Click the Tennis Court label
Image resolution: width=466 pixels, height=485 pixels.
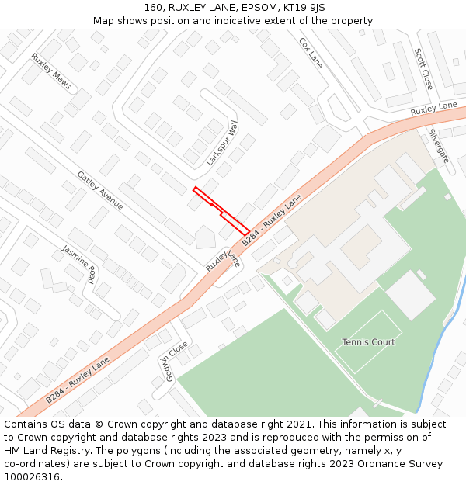tap(368, 342)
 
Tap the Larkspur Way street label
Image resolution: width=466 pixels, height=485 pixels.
tap(223, 142)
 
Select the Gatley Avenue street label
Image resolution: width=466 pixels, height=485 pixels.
tap(100, 190)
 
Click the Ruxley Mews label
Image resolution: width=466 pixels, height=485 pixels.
tap(51, 71)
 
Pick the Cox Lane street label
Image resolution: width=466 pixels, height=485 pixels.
tap(311, 52)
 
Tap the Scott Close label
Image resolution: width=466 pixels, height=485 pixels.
tap(423, 68)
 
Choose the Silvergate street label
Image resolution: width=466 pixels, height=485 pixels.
tap(438, 145)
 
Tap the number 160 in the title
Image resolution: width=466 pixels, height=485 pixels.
tap(154, 8)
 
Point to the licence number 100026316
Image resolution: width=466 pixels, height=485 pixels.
tap(31, 476)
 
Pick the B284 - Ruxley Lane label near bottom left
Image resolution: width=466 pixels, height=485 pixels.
tap(78, 380)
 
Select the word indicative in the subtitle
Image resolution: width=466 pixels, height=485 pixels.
tap(240, 21)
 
